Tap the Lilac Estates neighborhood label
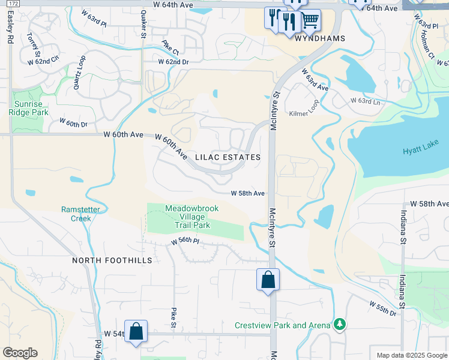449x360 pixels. coord(228,157)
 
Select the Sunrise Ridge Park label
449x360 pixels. coord(31,107)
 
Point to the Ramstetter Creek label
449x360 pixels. coord(76,214)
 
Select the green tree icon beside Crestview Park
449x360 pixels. coord(340,325)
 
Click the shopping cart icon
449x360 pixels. coord(310,21)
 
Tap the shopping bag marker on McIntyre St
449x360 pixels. coord(268,280)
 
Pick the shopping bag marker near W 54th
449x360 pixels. coord(136,331)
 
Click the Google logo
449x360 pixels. coord(20,353)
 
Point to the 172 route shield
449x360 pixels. coord(14,4)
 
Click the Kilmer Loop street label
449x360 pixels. coord(304,113)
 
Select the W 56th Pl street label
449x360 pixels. coord(184,241)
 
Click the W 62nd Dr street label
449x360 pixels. coord(173,62)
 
